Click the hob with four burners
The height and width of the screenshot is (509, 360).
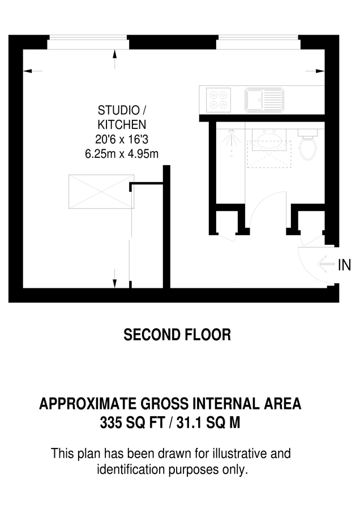pyautogui.click(x=218, y=99)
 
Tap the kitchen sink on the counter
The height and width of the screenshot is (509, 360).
pyautogui.click(x=264, y=100)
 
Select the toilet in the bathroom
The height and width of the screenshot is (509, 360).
pyautogui.click(x=307, y=145)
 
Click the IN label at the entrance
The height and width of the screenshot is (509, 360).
pyautogui.click(x=344, y=264)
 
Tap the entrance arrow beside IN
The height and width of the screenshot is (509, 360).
pyautogui.click(x=326, y=264)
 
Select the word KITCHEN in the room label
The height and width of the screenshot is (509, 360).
pyautogui.click(x=122, y=124)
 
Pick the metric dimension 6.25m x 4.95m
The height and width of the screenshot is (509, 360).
pyautogui.click(x=121, y=153)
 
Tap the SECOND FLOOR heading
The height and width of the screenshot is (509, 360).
pyautogui.click(x=177, y=335)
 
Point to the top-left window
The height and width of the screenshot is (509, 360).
pyautogui.click(x=88, y=41)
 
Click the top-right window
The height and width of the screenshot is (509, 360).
pyautogui.click(x=258, y=41)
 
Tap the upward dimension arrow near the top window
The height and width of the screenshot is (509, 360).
pyautogui.click(x=115, y=55)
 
